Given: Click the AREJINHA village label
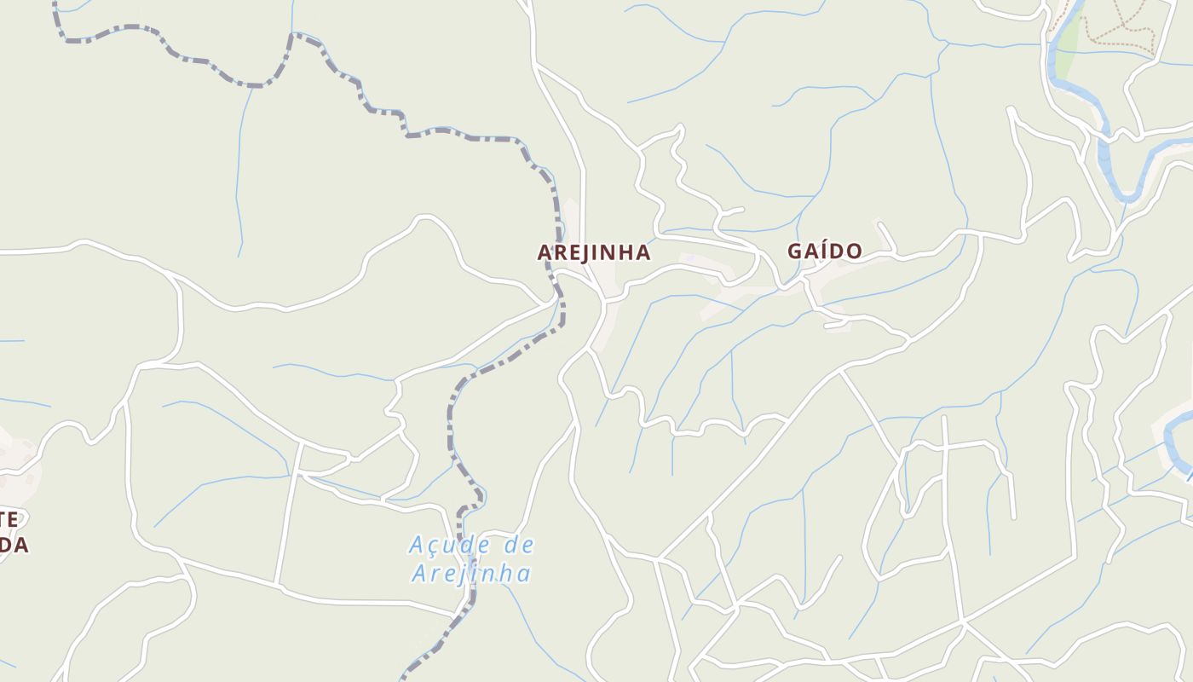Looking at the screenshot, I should click(x=594, y=252).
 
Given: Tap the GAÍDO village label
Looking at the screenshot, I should click(x=824, y=251).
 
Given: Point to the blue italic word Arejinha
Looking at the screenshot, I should click(x=471, y=574).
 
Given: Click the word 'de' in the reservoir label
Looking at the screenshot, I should click(x=518, y=544).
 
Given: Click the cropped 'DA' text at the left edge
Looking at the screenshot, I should click(x=14, y=546).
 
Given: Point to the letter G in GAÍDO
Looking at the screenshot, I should click(x=795, y=251).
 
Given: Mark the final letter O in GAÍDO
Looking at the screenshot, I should click(x=855, y=251).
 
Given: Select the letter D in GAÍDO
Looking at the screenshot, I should click(x=838, y=251).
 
